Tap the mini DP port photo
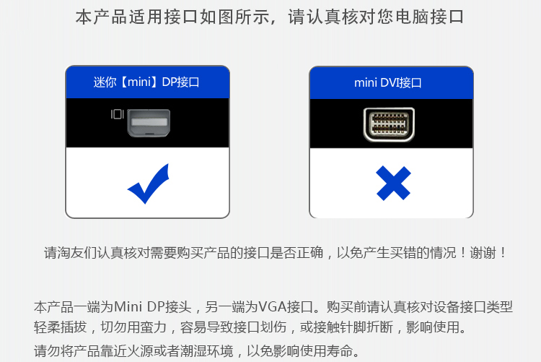point(149,122)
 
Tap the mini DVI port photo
point(390,123)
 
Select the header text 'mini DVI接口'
point(388,82)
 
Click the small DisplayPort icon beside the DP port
point(117,113)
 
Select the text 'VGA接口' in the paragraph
point(286,306)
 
